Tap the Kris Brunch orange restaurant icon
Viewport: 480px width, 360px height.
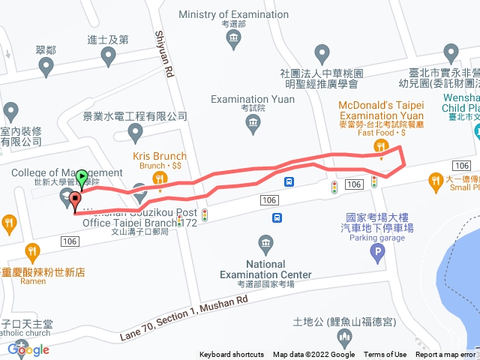(159, 178)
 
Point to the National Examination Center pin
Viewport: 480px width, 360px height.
(265, 243)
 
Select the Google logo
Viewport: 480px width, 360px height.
(28, 349)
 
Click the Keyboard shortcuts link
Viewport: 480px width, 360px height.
(232, 355)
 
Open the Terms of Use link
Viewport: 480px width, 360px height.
(385, 355)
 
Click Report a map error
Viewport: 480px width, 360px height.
(445, 355)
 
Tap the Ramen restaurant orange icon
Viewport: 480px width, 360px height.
(31, 251)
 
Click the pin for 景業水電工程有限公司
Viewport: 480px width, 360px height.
(136, 133)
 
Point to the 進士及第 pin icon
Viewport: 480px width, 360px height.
(109, 55)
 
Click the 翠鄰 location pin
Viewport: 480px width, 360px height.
(46, 66)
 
